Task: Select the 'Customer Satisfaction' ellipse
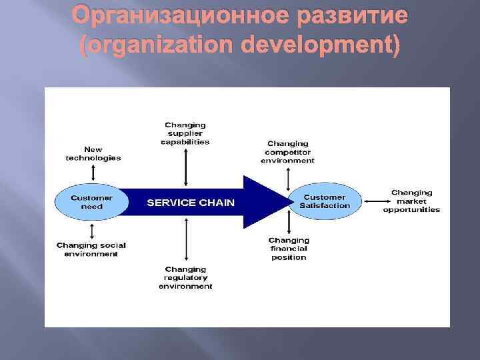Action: pos(325,201)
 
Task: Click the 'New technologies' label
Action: pos(93,153)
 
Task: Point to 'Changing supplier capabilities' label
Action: pos(185,133)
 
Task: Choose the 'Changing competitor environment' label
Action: pos(287,152)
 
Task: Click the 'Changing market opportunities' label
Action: pos(411,201)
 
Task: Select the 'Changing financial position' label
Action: pos(289,248)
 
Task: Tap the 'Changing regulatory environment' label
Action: pos(185,277)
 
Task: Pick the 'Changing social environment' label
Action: pos(91,249)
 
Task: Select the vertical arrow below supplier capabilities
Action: pos(185,166)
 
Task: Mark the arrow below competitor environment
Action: pos(287,177)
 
